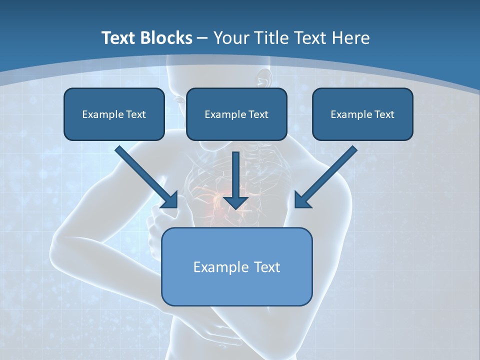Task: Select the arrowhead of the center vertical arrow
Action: [235, 202]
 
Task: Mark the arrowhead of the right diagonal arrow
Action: [301, 200]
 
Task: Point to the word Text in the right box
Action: [384, 114]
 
